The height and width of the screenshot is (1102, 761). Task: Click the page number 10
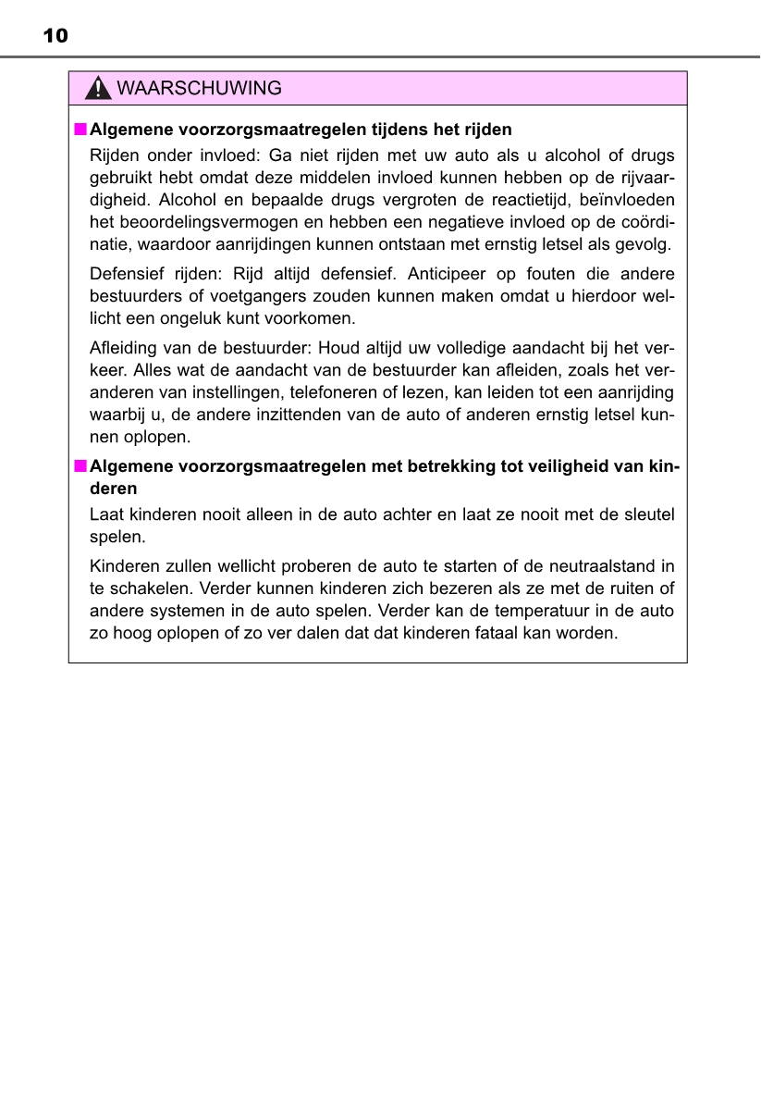(55, 36)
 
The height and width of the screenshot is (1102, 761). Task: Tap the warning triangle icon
(96, 89)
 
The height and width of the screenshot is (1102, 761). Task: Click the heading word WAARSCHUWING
(200, 89)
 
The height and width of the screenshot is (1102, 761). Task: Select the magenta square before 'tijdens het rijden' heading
(80, 130)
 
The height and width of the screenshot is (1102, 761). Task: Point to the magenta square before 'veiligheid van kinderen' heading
(80, 465)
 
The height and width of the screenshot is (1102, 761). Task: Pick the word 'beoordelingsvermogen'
(192, 223)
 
